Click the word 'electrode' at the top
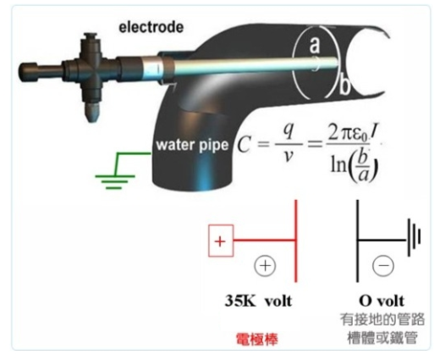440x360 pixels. click(151, 27)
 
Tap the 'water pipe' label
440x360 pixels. click(192, 145)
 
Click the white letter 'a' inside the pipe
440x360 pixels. click(315, 45)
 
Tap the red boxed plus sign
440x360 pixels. click(221, 241)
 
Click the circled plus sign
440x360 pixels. click(265, 266)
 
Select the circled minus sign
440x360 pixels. click(383, 265)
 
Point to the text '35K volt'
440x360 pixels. click(258, 301)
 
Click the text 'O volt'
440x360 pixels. click(382, 301)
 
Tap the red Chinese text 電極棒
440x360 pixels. click(257, 339)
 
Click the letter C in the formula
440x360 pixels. click(244, 145)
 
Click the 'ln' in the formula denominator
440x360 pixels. click(338, 165)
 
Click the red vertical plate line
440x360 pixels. click(296, 241)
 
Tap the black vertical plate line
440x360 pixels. click(358, 241)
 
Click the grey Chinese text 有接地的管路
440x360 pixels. click(382, 319)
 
